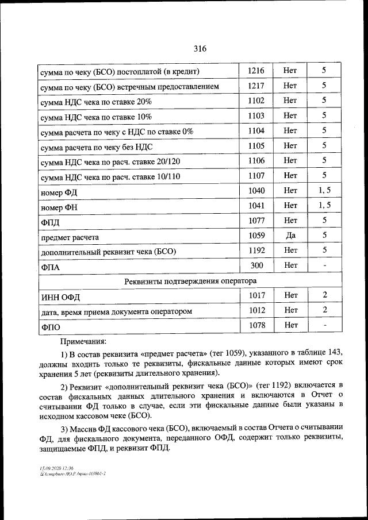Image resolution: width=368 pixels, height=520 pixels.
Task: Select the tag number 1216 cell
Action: [256, 71]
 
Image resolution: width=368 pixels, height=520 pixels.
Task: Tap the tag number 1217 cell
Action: [256, 86]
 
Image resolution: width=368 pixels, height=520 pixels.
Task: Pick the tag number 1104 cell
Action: [256, 130]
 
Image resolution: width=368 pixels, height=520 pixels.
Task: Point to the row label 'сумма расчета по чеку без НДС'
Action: [96, 147]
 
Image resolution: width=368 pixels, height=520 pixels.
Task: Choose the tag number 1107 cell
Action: [256, 175]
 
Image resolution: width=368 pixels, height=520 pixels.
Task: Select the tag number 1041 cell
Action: [256, 205]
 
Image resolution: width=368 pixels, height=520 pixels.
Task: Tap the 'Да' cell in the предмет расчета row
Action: [290, 235]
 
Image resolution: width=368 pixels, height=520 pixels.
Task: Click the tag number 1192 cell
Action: [256, 250]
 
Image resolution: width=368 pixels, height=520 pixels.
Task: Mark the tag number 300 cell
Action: [256, 265]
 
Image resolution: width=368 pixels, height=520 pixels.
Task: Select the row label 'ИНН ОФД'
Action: [60, 296]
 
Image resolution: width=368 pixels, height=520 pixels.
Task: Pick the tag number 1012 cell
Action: [256, 310]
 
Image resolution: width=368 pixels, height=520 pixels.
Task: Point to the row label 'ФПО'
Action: [51, 328]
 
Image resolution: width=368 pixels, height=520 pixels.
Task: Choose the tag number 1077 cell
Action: [256, 220]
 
